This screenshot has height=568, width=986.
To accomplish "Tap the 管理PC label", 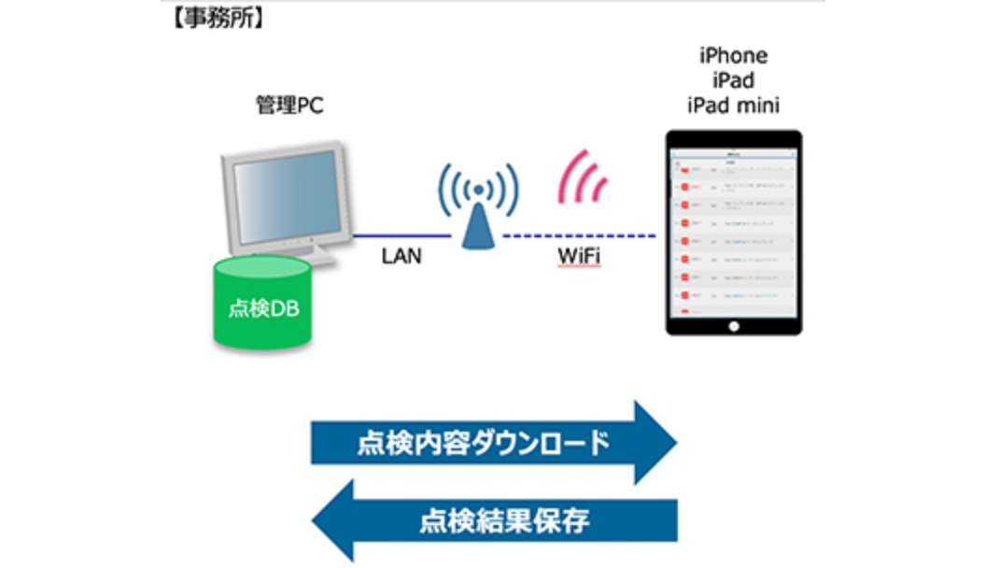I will coord(289,106).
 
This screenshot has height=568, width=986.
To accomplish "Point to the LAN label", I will coord(401,256).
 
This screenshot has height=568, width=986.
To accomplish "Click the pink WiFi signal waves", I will coord(584,177).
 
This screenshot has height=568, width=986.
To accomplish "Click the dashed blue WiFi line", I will coord(579,235).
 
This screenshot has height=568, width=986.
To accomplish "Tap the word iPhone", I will coord(733,57).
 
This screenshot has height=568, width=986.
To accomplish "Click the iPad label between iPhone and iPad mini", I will coord(733,80).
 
